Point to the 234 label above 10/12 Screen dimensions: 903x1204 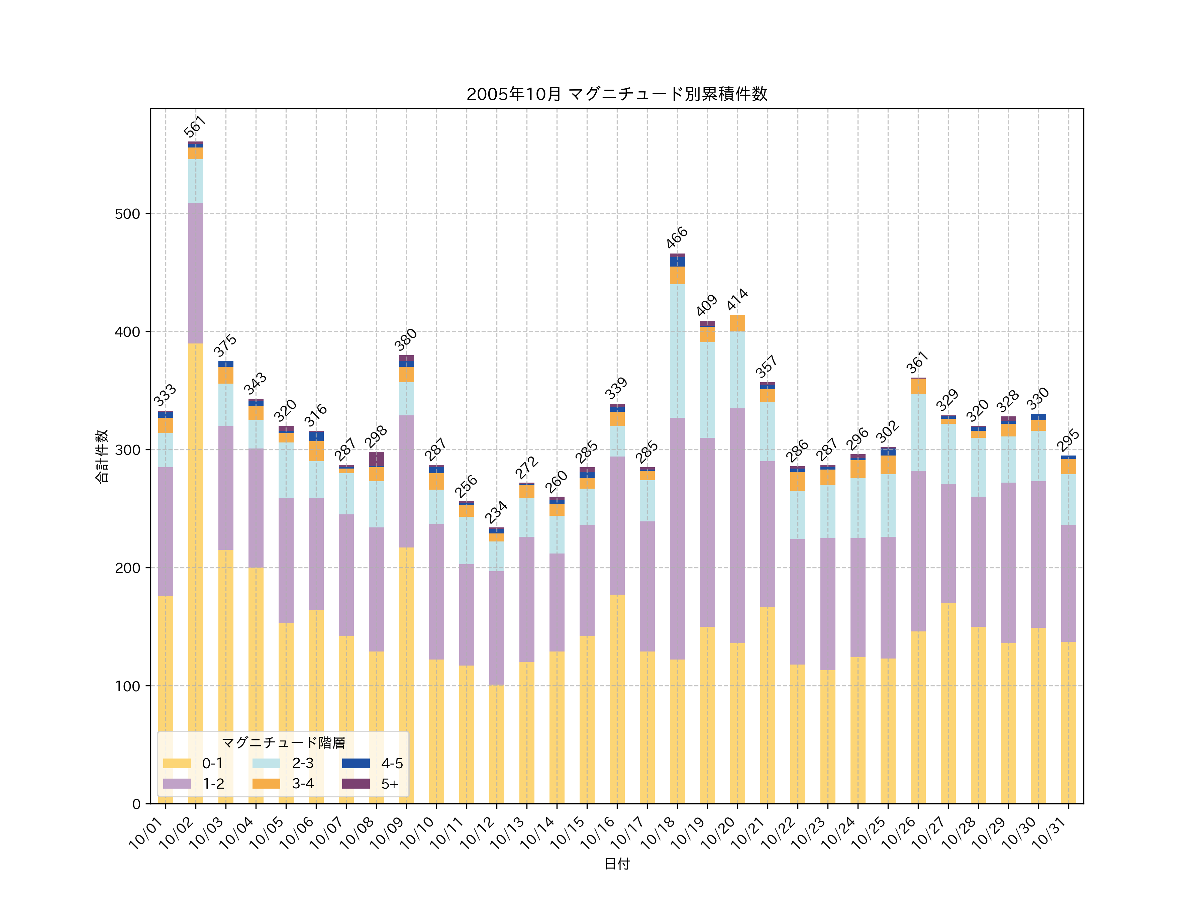496,512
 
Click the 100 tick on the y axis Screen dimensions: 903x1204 127,686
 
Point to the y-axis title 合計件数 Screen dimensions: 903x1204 102,456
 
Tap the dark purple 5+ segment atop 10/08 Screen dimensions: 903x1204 376,460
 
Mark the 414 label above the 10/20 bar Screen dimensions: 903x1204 737,300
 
